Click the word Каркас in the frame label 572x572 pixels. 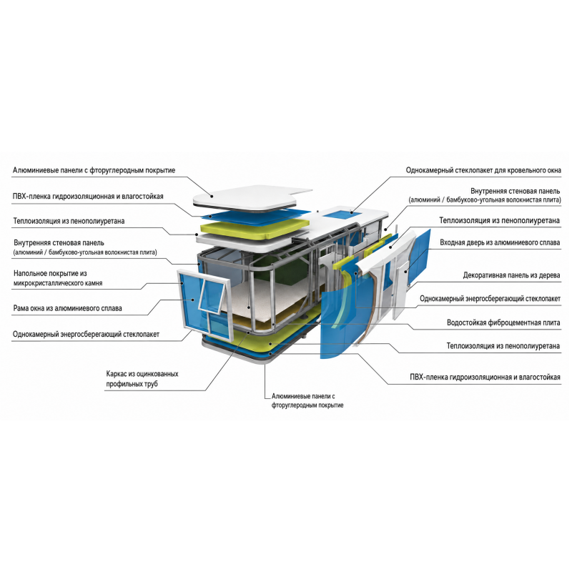tap(116, 374)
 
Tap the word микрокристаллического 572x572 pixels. tap(49, 283)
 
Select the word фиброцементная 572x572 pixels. tap(512, 323)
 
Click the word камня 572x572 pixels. tap(94, 283)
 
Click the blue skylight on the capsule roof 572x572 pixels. tap(342, 212)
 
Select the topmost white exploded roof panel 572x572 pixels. tap(248, 198)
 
